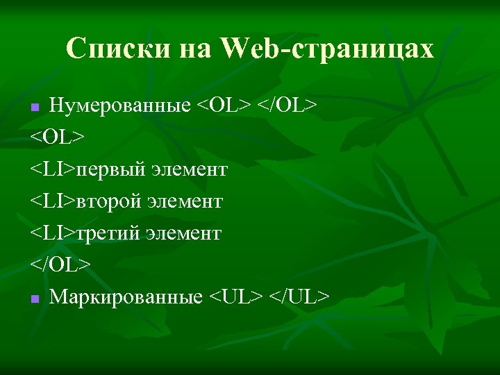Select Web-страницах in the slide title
coord(328,49)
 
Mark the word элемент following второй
coord(184,201)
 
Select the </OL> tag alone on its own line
coord(60,265)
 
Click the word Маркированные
coord(126,297)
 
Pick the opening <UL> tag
coord(237,297)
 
